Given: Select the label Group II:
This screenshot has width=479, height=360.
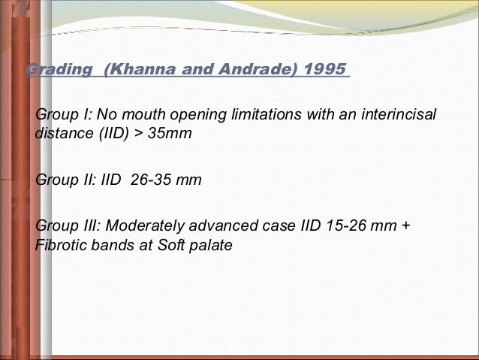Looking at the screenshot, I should pyautogui.click(x=65, y=181).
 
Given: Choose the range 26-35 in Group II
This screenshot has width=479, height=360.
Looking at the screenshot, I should pyautogui.click(x=149, y=181).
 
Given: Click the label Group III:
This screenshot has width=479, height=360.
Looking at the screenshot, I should pyautogui.click(x=68, y=228).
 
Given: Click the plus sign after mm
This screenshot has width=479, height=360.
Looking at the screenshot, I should pyautogui.click(x=406, y=228).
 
